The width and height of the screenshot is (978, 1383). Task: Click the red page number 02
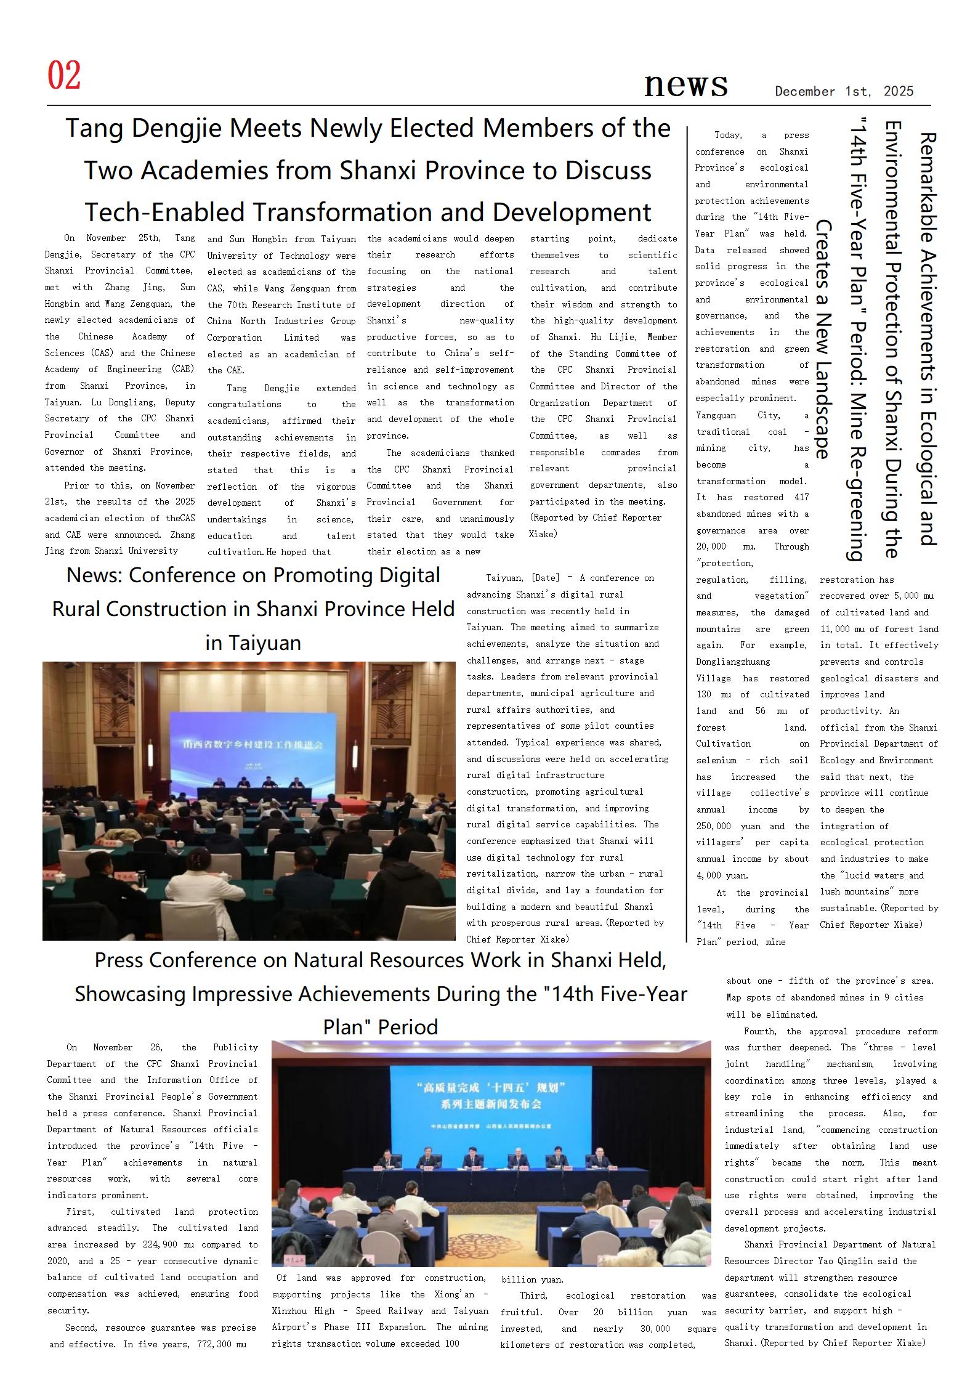[64, 76]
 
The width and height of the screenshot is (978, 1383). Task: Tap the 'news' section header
[685, 84]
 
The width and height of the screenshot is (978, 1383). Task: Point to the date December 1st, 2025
[844, 92]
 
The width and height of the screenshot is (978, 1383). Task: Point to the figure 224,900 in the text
[161, 1245]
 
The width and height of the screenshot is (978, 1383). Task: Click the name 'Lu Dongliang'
[115, 403]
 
